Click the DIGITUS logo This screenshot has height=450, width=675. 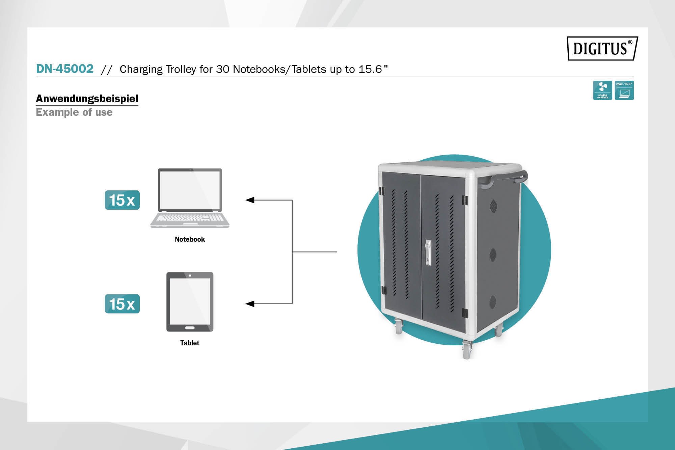pos(602,49)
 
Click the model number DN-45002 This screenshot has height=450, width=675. pos(65,69)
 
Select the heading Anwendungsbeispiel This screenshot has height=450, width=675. pos(87,99)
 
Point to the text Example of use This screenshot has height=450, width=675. pos(74,112)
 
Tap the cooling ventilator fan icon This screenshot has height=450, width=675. pos(602,90)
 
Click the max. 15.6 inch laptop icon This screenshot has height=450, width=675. pos(624,90)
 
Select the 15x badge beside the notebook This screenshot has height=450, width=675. pos(122,200)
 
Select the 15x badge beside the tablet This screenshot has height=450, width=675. pos(122,304)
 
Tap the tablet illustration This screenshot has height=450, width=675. pos(190,301)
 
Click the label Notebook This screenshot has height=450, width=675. pos(190,239)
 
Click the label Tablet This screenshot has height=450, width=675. pos(190,343)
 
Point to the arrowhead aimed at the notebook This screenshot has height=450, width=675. pos(250,200)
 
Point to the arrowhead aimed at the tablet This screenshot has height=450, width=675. pos(250,304)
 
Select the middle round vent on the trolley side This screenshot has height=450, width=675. pos(493,255)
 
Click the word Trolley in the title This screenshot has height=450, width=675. pos(181,69)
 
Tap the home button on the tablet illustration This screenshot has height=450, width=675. pos(190,328)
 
